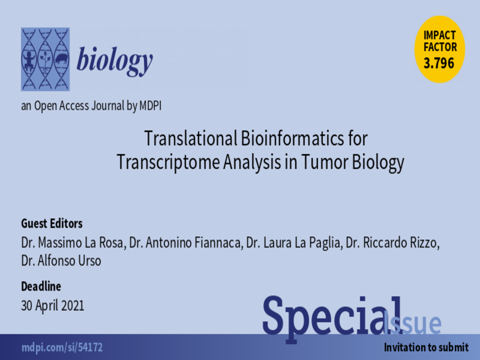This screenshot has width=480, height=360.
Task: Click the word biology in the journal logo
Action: point(114,60)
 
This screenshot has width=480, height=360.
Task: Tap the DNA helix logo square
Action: point(45,59)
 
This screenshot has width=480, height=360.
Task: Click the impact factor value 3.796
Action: point(439,63)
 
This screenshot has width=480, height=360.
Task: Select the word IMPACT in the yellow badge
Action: point(440,36)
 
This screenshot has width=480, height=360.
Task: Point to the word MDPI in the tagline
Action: point(150,106)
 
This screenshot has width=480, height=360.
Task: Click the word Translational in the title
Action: point(191,138)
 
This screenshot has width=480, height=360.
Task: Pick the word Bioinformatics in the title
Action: point(292,138)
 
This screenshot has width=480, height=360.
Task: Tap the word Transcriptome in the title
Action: point(168,163)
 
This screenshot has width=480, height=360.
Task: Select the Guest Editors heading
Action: point(52,224)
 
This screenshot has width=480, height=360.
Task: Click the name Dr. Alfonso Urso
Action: point(61,261)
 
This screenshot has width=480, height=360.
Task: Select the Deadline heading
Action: point(41,286)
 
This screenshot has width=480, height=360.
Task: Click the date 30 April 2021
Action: point(52,306)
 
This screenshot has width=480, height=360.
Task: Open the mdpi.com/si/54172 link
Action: point(62,347)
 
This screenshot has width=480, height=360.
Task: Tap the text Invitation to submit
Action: point(426,347)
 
